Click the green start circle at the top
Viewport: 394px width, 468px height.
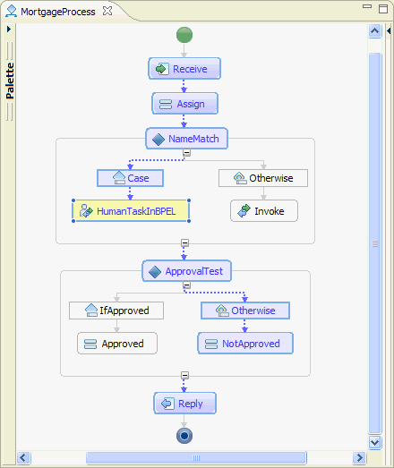184,35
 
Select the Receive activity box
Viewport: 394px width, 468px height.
184,69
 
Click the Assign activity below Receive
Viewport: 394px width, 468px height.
184,104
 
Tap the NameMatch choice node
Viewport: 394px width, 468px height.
186,139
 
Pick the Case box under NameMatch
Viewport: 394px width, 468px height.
130,178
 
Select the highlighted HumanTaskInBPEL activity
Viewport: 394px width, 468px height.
131,211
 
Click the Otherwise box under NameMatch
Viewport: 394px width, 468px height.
263,178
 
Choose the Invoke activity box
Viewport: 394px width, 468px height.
264,211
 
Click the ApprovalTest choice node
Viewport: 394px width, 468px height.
186,271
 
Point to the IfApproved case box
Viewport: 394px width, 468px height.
116,311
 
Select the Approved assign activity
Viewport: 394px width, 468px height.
117,344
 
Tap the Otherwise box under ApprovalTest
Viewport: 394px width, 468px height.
245,311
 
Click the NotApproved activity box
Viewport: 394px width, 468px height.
245,344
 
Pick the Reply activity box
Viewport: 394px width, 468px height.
184,404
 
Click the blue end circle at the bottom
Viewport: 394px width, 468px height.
184,436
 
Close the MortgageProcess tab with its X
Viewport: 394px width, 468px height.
107,11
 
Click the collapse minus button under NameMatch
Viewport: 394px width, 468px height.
186,153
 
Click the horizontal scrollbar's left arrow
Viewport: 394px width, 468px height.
23,457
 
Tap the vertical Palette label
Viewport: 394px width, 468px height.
10,81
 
